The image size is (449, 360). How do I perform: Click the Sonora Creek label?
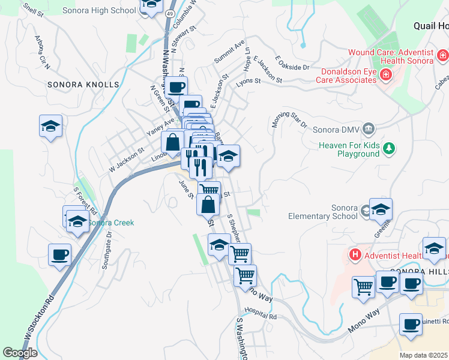pyautogui.click(x=111, y=223)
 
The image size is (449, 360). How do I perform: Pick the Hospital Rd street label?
pyautogui.click(x=260, y=314)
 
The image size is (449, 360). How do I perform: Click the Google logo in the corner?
pyautogui.click(x=20, y=353)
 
